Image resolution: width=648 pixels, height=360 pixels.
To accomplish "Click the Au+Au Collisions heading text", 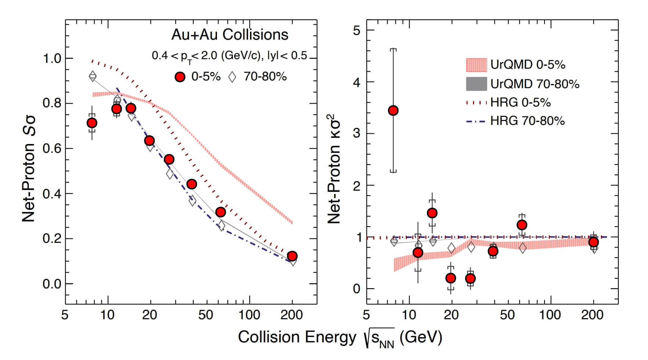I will tap(230, 35).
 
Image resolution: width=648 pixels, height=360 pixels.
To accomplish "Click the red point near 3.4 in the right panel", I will tap(393, 111).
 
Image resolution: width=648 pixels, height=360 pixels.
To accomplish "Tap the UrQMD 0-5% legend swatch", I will tap(476, 65).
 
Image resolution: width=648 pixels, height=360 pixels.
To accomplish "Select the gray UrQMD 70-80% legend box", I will tap(476, 84).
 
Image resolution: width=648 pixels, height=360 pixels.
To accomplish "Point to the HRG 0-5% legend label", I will tap(520, 102).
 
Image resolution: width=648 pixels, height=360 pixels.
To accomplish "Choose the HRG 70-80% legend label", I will tap(527, 121).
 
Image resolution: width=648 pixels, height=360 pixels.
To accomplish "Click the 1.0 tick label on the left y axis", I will tap(52, 58).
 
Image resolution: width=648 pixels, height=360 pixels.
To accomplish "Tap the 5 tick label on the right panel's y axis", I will tap(356, 30).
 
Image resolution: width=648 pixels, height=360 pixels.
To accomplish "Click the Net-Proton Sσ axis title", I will tap(29, 169).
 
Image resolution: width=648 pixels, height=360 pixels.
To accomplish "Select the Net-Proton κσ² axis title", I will tap(334, 169).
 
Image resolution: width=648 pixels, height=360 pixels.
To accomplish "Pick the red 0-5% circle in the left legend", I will tap(180, 77).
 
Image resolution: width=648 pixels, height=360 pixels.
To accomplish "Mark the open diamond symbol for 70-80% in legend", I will tap(232, 77).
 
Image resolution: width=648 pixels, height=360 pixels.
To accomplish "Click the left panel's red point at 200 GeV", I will tap(292, 256).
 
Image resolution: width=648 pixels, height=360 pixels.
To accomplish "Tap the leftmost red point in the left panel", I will tap(92, 123).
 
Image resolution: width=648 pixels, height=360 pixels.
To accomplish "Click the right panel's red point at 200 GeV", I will tap(593, 242).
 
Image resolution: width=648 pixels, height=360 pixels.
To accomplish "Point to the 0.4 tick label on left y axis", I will tap(52, 194).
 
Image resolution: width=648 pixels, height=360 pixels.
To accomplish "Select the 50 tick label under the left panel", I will tap(205, 315).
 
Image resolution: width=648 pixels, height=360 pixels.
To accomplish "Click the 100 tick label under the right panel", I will tap(550, 315).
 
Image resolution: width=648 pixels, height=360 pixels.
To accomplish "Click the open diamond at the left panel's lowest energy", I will tap(93, 76).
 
